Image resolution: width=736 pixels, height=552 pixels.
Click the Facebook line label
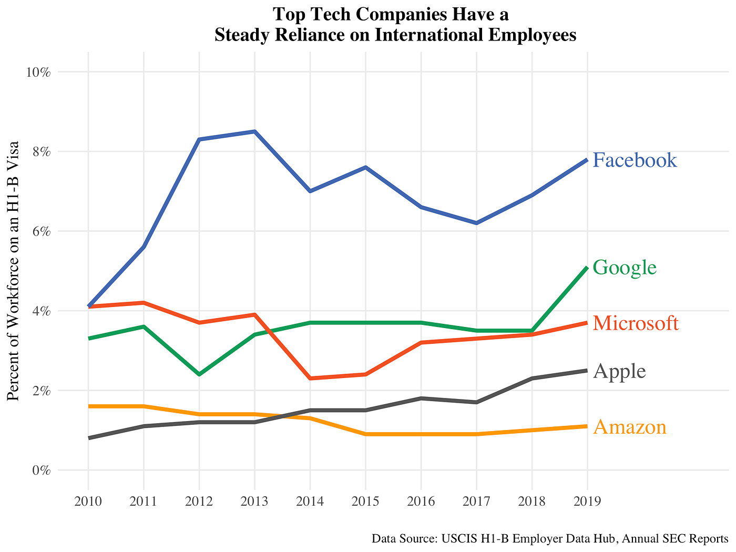pos(635,160)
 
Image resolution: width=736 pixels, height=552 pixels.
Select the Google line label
pos(625,268)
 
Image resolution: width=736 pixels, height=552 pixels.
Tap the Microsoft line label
pos(636,323)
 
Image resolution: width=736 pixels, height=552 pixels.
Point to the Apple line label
pos(619,372)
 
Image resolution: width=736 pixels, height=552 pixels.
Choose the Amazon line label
pos(630,427)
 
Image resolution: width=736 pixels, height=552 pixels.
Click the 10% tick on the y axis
pos(38,72)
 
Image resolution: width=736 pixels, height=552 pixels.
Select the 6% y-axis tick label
pos(40,231)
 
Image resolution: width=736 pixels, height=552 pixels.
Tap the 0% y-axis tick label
pos(40,471)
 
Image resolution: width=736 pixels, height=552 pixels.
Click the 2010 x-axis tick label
pos(88,501)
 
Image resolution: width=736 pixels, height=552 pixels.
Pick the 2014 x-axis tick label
pos(310,501)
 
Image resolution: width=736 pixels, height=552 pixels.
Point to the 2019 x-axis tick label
pos(587,501)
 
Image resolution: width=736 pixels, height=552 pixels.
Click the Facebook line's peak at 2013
pos(254,131)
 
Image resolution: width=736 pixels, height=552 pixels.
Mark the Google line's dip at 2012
pos(199,374)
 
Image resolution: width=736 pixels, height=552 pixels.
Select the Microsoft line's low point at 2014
pos(310,379)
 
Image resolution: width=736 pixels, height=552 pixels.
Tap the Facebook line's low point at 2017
pos(476,223)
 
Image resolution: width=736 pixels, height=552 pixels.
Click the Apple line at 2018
pos(532,379)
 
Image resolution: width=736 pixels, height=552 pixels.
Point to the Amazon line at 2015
pos(365,434)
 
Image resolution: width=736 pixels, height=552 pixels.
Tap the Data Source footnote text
pos(549,539)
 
